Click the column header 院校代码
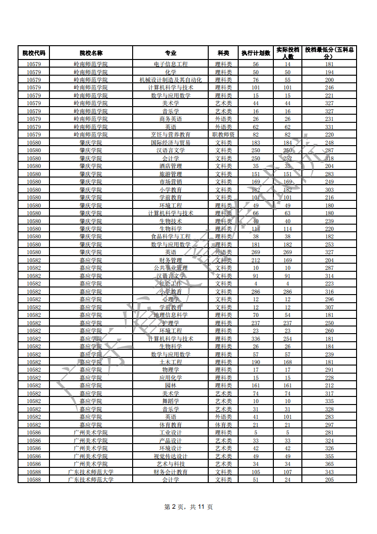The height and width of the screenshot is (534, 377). [34, 53]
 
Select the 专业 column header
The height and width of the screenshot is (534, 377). [170, 53]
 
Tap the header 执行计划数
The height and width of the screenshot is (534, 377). [256, 53]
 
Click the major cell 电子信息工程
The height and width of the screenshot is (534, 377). [171, 64]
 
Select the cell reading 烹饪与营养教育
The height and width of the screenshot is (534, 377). [171, 135]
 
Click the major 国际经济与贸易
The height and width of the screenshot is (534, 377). [171, 142]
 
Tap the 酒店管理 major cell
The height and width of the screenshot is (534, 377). [171, 166]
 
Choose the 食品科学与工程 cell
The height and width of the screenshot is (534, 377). [171, 237]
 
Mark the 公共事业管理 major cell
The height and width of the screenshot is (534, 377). [171, 268]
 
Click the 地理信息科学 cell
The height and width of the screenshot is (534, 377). [171, 315]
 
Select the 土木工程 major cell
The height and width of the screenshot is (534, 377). [171, 362]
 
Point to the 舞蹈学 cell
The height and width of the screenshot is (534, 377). [171, 401]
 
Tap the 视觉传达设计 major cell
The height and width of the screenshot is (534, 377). [171, 456]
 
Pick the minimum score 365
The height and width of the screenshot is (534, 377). [329, 464]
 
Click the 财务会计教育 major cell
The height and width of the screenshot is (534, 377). [171, 472]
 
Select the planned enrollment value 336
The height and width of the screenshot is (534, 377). [256, 338]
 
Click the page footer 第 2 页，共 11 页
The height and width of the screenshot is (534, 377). [188, 507]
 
